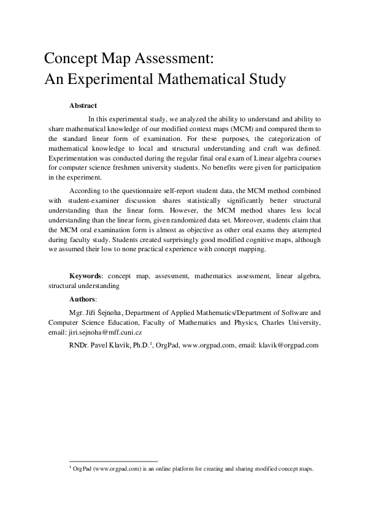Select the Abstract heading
click(83, 105)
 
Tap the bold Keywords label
click(85, 276)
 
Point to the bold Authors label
click(83, 298)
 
